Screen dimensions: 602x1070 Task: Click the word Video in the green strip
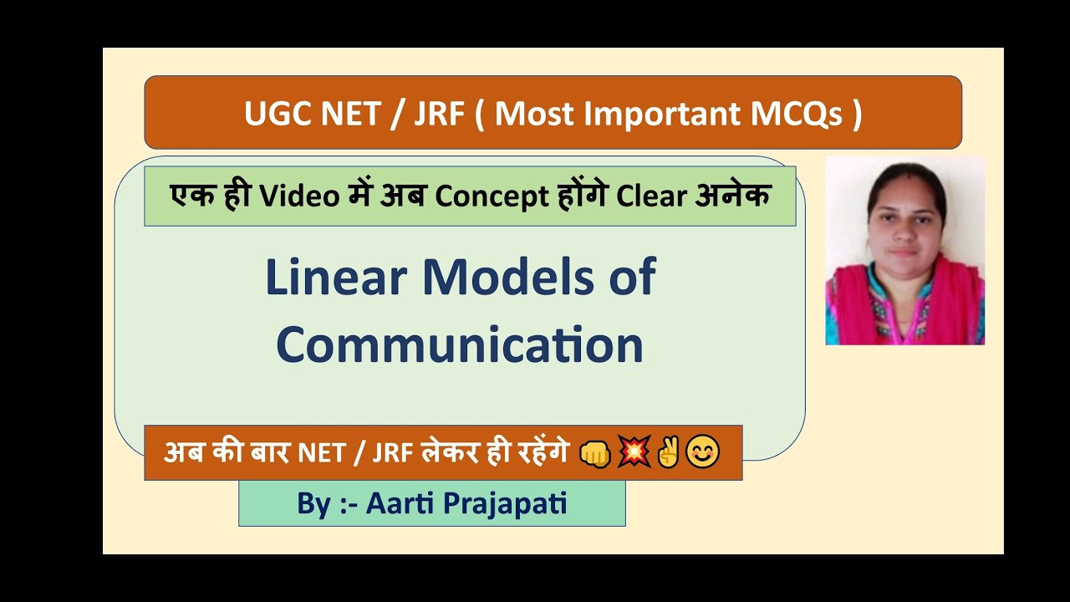tap(295, 196)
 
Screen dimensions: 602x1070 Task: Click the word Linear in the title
tap(336, 278)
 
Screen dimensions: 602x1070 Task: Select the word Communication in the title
tap(460, 344)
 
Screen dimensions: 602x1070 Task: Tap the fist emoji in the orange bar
tap(594, 453)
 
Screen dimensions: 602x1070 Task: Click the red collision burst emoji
tap(633, 453)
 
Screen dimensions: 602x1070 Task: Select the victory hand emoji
tap(667, 453)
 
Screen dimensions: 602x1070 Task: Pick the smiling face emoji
tap(702, 453)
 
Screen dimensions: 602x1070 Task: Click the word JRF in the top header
tap(439, 113)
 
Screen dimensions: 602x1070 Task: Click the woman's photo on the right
tap(904, 250)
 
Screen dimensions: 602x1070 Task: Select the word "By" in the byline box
tap(313, 504)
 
